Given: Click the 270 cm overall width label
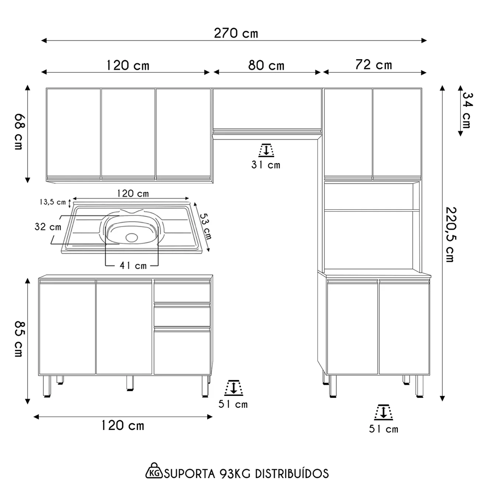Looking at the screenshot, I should (236, 33).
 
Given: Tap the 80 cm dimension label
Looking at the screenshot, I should (266, 65).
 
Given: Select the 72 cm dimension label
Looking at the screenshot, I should (374, 64).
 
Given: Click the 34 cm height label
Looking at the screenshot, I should (466, 110).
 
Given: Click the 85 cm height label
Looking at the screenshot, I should (19, 339).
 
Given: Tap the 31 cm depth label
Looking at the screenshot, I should (266, 165).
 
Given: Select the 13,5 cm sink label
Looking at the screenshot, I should (51, 202).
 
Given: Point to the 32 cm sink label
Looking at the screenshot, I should (48, 226).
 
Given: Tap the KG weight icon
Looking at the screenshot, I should (154, 470).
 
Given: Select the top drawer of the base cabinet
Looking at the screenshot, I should (182, 292).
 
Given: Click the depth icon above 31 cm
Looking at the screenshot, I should (266, 150).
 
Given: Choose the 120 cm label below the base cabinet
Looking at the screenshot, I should (123, 425).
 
